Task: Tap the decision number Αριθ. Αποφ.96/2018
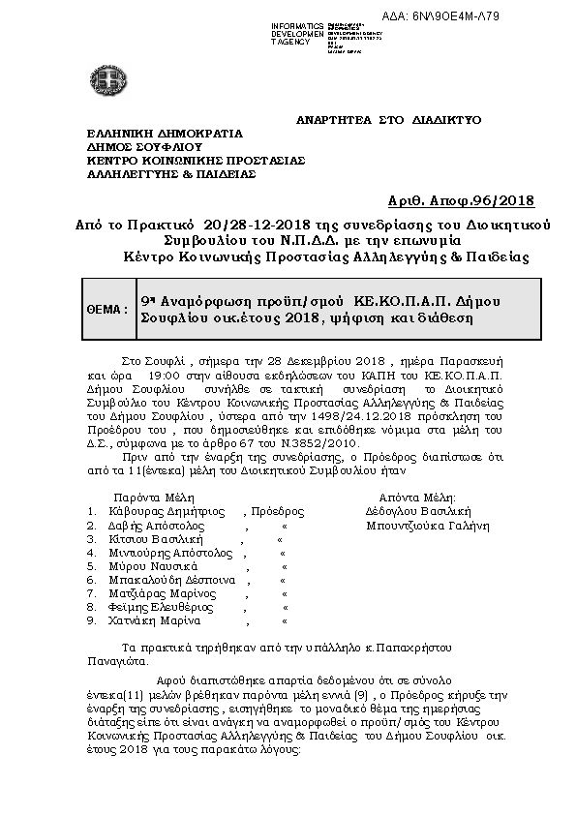[x=473, y=201]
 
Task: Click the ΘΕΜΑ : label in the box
[x=107, y=309]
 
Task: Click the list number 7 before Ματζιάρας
[x=90, y=593]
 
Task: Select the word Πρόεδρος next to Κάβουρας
[x=278, y=511]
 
